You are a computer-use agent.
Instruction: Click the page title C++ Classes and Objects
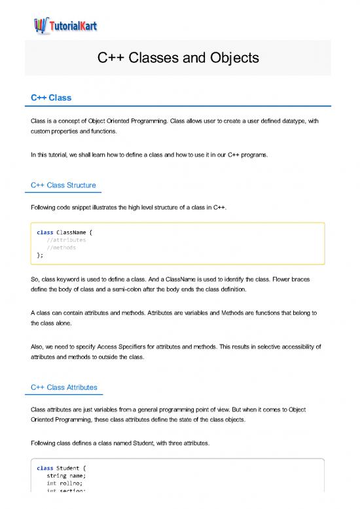[x=179, y=58]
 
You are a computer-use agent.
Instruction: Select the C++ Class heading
[x=51, y=98]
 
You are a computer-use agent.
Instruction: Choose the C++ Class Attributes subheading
[x=65, y=388]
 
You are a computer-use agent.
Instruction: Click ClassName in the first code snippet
[x=74, y=232]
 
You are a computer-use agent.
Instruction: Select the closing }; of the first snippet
[x=41, y=255]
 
